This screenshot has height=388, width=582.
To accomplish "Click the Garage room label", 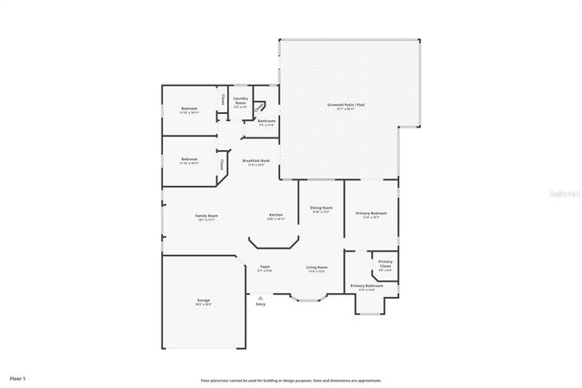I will pos(203,301).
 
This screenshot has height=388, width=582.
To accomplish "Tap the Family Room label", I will pos(206,216).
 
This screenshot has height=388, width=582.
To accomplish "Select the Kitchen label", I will pos(276,216).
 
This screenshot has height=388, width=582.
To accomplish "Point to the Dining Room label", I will pos(321,209).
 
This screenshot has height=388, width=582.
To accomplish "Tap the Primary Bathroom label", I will pos(366,287).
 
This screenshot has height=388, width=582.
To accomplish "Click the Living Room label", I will pos(317,268).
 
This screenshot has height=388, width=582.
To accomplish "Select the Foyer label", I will pos(265,268).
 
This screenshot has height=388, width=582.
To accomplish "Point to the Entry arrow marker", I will pos(261,296).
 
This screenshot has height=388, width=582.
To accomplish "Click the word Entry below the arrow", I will pos(261,304).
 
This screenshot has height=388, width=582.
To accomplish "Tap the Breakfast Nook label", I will pos(254,162).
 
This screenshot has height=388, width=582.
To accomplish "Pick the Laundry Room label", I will pos(241,101).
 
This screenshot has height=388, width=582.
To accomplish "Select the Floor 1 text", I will pos(18,377).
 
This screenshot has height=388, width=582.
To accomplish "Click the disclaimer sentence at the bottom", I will pos(291,381).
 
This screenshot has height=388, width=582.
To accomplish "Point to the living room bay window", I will pos(306,297).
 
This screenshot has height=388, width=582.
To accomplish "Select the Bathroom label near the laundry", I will pos(266,121).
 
